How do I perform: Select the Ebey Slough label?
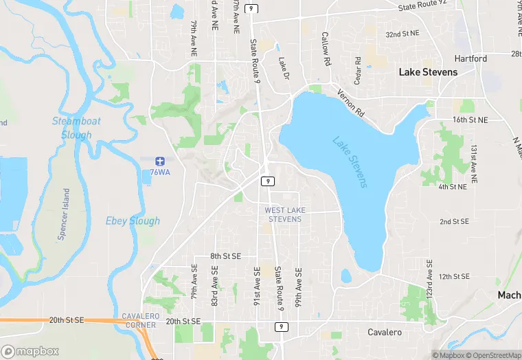(x=133, y=221)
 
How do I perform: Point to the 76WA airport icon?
(x=159, y=160)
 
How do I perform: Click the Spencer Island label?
(x=63, y=214)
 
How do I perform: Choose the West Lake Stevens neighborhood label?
(x=283, y=214)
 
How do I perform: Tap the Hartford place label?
(x=470, y=59)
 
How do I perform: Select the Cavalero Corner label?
(x=140, y=320)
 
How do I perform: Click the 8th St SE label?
(x=226, y=256)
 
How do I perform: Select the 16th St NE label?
(x=470, y=120)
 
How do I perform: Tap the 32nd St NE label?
(x=403, y=34)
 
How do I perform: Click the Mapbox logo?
(x=31, y=351)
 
